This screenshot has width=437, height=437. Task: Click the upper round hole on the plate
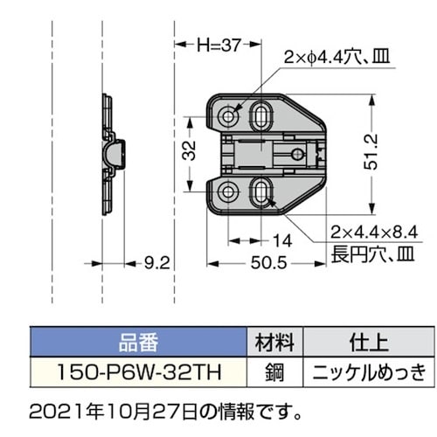pos(229,115)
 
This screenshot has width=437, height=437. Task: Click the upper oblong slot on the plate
pos(262,114)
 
